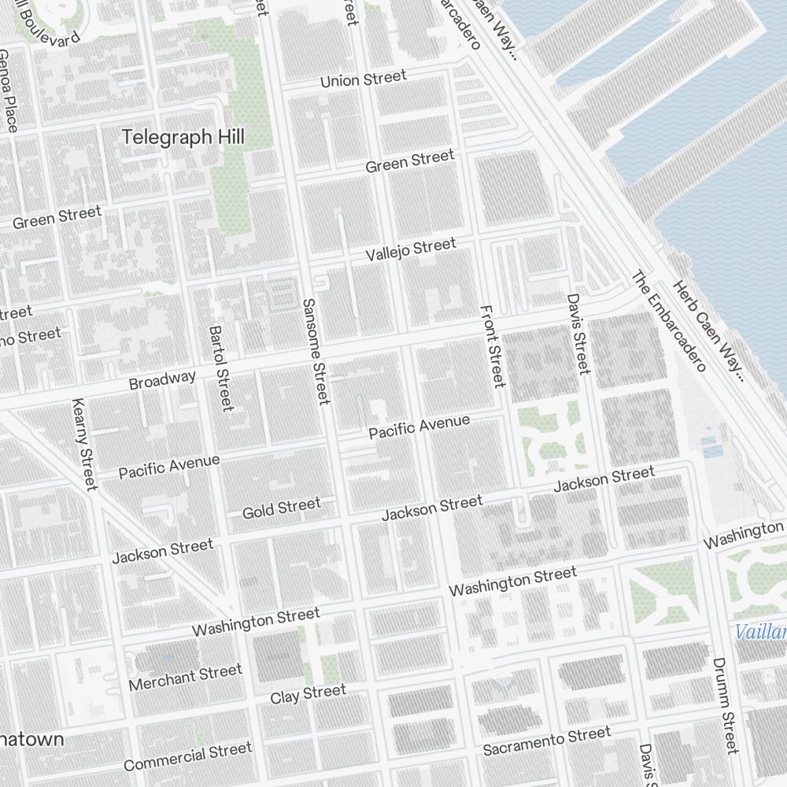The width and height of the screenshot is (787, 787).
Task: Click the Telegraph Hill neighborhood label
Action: tap(183, 137)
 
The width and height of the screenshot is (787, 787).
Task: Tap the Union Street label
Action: tap(363, 79)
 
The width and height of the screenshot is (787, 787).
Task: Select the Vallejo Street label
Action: tap(411, 250)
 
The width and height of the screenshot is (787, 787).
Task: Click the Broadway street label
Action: tap(162, 380)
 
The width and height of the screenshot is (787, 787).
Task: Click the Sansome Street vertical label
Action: tap(315, 351)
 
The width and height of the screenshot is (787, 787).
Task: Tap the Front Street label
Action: tap(492, 346)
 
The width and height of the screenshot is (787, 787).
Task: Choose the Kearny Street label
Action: tap(83, 443)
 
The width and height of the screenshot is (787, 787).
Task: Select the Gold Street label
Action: tap(281, 508)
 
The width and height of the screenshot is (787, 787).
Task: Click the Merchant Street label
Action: tap(185, 677)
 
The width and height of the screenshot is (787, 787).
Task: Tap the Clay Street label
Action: tap(308, 695)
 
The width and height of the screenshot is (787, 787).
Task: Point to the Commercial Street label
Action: tap(187, 757)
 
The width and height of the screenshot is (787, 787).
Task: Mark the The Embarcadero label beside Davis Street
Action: tap(667, 321)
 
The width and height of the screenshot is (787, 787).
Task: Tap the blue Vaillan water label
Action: tap(760, 632)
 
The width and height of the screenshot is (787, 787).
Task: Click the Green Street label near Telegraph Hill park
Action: tap(410, 161)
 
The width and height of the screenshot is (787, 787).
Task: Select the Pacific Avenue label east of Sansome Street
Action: tap(419, 427)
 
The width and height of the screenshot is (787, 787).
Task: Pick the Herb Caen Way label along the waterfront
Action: tap(708, 331)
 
